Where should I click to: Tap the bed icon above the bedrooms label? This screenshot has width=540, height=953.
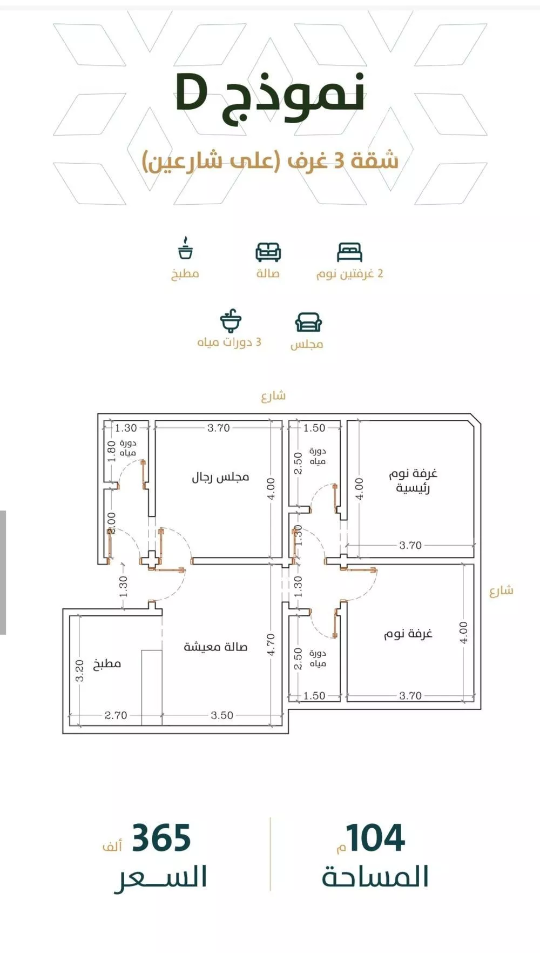click(349, 252)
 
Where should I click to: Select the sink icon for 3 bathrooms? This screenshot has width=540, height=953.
click(231, 321)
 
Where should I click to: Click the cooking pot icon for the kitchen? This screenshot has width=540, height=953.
click(185, 249)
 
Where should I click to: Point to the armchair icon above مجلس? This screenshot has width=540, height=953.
click(308, 323)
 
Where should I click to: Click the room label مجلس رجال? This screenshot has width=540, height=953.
click(220, 478)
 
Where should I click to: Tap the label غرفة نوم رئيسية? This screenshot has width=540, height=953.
click(413, 481)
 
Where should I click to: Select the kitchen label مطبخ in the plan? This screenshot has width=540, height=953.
click(107, 664)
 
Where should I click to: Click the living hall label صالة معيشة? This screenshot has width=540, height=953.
click(215, 647)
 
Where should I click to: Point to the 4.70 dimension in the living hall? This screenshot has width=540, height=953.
click(271, 645)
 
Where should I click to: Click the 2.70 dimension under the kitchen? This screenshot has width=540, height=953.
click(116, 715)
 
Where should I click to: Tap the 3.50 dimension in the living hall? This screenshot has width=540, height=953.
click(222, 715)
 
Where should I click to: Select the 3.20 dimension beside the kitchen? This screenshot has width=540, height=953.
click(80, 670)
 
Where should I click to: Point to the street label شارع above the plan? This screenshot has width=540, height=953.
click(273, 396)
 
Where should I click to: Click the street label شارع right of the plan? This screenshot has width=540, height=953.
click(501, 590)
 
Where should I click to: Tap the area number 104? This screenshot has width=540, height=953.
click(376, 838)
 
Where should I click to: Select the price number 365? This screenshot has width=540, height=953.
click(161, 838)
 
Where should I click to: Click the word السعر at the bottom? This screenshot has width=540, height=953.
click(161, 877)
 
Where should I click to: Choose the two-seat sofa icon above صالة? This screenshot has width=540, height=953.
click(268, 252)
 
